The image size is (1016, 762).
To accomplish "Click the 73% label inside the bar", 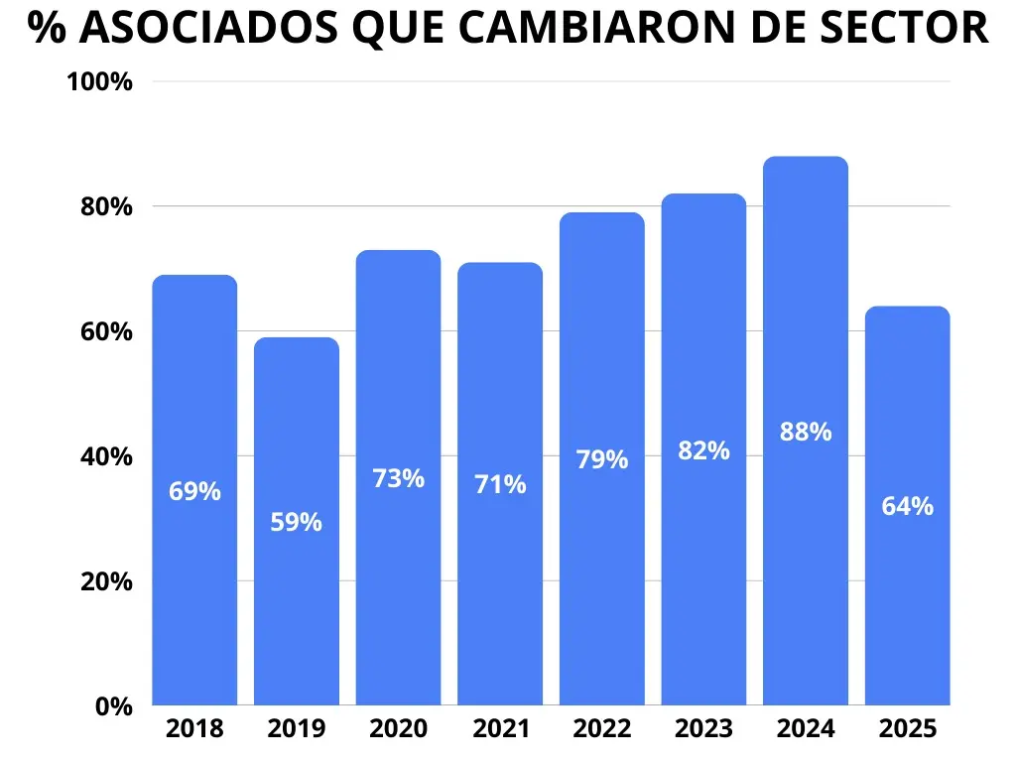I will coord(399,478).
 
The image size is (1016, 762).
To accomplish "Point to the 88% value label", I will coord(806,433).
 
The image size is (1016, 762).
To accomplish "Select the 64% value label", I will coord(907,506).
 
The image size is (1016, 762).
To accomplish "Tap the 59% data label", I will coord(297,522).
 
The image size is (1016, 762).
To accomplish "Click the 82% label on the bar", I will coord(703,450).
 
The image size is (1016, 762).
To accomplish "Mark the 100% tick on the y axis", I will coord(99,82).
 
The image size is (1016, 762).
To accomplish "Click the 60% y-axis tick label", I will coord(104,332).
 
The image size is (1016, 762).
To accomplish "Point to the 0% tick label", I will coord(114,706).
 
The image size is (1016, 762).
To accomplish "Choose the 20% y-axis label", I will coord(104,581).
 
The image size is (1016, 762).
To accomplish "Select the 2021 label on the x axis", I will coord(500,729).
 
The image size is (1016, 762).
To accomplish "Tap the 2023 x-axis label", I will coord(703,729).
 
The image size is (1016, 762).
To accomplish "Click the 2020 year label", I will coord(399,729).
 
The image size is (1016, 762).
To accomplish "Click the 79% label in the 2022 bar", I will coord(602,460).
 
